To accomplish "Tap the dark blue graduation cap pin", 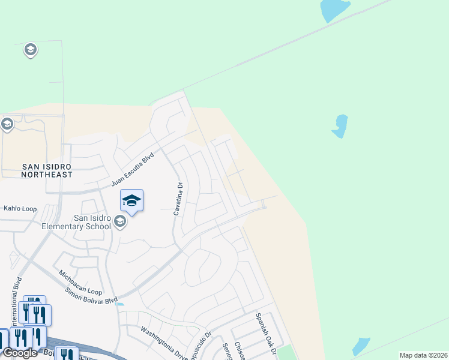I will pyautogui.click(x=131, y=200).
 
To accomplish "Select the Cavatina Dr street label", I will pyautogui.click(x=178, y=200).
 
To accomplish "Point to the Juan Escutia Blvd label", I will pyautogui.click(x=133, y=169).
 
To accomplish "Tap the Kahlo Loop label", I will pyautogui.click(x=20, y=209).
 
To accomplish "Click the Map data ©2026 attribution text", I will pyautogui.click(x=423, y=355).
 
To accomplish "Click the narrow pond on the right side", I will pyautogui.click(x=340, y=125).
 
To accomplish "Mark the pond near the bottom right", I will pyautogui.click(x=361, y=346).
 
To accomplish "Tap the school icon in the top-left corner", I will pyautogui.click(x=30, y=50).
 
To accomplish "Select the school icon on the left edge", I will pyautogui.click(x=7, y=125).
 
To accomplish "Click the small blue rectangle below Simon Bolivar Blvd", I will pyautogui.click(x=120, y=304).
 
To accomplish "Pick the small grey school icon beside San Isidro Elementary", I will pyautogui.click(x=119, y=223).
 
